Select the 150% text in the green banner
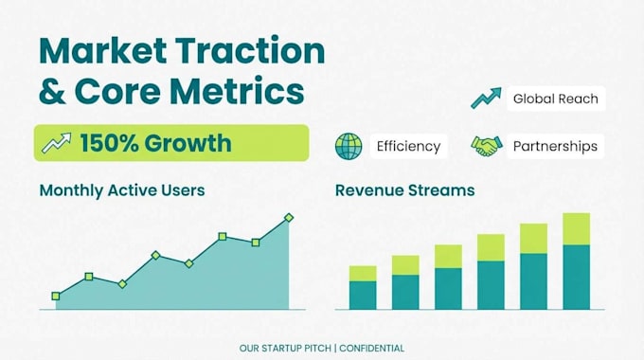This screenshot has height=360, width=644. tap(110, 143)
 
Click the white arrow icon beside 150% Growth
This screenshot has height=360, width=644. tap(57, 143)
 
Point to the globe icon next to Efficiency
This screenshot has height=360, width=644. tap(349, 146)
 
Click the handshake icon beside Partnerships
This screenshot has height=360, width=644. tap(487, 146)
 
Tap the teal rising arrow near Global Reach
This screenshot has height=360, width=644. tap(486, 98)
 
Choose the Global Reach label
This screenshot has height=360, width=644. tap(556, 99)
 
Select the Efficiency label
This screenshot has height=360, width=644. tap(409, 146)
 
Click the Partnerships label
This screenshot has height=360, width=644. tap(555, 146)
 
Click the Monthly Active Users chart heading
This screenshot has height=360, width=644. tap(122, 190)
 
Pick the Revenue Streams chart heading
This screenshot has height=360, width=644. tap(405, 190)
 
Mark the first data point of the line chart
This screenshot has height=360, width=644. tap(56, 296)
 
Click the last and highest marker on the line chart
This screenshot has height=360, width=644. tap(289, 217)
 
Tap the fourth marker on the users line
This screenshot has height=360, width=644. tap(155, 255)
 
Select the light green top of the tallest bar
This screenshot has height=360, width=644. tap(577, 229)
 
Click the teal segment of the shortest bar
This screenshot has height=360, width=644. tap(363, 295)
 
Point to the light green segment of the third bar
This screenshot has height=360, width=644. tap(449, 257)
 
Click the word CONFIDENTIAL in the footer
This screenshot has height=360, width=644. tap(371, 349)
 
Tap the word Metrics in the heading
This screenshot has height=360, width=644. tap(237, 91)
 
